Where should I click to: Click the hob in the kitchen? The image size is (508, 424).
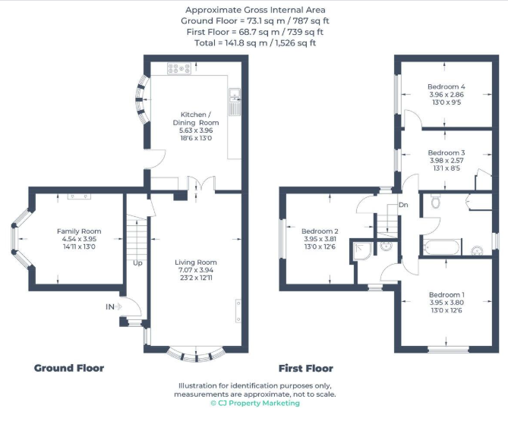(x=179, y=68)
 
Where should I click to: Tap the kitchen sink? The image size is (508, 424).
(x=235, y=102)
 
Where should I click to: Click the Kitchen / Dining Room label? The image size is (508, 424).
(x=196, y=119)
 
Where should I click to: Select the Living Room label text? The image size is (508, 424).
(x=196, y=262)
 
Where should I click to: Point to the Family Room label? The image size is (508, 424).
(x=79, y=231)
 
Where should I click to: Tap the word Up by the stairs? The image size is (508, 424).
(x=137, y=263)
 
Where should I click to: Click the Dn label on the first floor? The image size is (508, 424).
(x=403, y=205)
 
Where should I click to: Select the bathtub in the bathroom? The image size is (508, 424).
(x=441, y=247)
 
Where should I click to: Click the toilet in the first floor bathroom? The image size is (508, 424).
(x=436, y=201)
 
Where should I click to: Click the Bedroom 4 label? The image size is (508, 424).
(x=446, y=86)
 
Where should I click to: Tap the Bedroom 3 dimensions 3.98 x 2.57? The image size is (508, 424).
(x=446, y=160)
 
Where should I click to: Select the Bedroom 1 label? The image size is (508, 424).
(x=446, y=294)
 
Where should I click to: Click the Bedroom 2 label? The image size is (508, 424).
(x=320, y=231)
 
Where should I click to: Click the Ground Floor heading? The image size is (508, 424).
(x=69, y=368)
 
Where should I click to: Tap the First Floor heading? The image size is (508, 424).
(x=306, y=369)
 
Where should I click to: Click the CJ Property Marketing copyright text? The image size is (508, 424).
(x=255, y=403)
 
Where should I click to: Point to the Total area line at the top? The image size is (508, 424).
(x=255, y=42)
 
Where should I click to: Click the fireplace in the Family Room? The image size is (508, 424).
(x=79, y=196)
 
